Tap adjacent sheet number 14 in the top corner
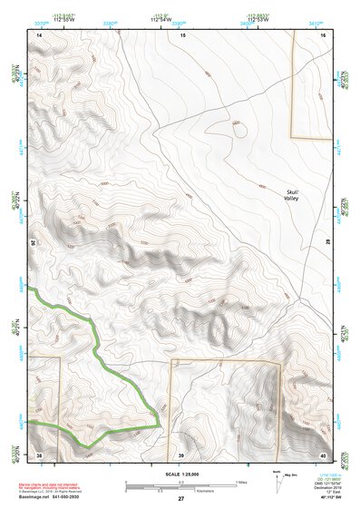point(39,34)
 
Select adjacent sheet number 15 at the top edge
point(181,34)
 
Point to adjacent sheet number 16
point(325,34)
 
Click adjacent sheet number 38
point(39,455)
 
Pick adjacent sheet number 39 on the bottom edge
point(181,455)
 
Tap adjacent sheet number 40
point(325,455)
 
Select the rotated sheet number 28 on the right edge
point(328,242)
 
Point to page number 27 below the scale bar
point(181,499)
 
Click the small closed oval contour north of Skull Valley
point(239,129)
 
